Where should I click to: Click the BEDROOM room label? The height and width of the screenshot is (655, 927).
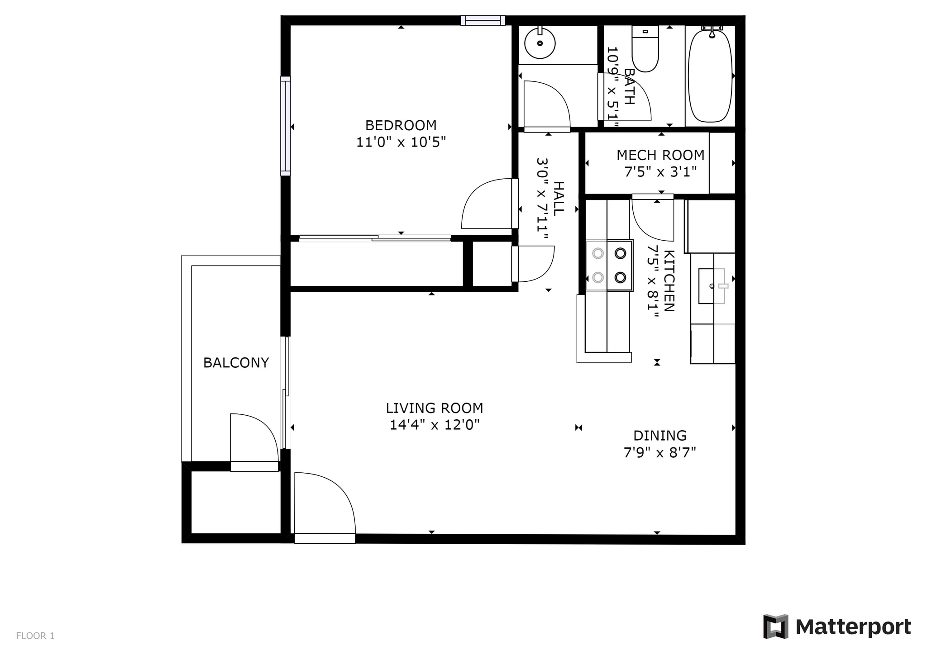401,125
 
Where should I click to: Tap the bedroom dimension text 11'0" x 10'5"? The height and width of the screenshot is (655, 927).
401,142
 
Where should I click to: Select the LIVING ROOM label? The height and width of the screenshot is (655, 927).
434,408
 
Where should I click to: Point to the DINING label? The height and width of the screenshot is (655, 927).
659,436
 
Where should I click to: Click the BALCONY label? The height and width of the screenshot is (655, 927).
236,363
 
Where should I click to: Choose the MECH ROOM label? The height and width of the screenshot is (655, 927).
660,155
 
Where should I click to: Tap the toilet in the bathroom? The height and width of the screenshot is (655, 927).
645,50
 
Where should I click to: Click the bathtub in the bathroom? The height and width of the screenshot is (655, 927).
710,75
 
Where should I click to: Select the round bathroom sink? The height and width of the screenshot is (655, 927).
540,43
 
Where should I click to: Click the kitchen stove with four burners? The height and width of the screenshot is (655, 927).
609,265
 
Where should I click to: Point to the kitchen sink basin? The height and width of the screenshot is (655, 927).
711,286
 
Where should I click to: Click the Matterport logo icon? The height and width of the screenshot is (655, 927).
775,627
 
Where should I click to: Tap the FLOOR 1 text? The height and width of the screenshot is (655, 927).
35,636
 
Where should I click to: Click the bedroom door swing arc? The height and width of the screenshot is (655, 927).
482,201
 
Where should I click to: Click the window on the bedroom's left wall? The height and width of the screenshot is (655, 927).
286,126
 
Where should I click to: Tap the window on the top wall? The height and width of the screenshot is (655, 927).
483,20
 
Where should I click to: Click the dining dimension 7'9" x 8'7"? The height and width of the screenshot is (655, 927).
659,452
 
